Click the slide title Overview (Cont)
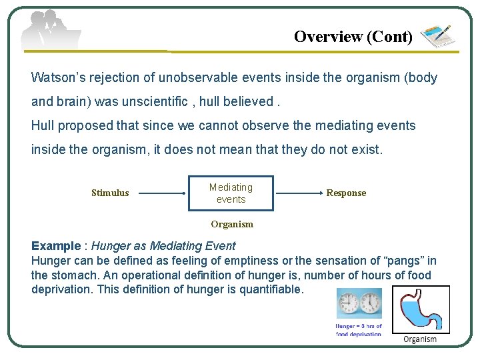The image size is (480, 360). coord(353,37)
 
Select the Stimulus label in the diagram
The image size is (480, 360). coord(110,193)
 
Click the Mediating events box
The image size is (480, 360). coord(231,193)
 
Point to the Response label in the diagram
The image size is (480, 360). coord(346,193)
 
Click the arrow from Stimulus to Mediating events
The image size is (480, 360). coord(163,193)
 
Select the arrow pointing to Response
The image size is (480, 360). coord(299,193)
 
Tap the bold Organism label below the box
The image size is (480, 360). coord(232,225)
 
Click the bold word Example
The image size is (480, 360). coord(56,246)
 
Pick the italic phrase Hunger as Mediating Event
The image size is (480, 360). coord(163,246)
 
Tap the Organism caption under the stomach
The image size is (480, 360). coord(420,339)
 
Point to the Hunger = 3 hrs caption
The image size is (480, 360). coord(359,329)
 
